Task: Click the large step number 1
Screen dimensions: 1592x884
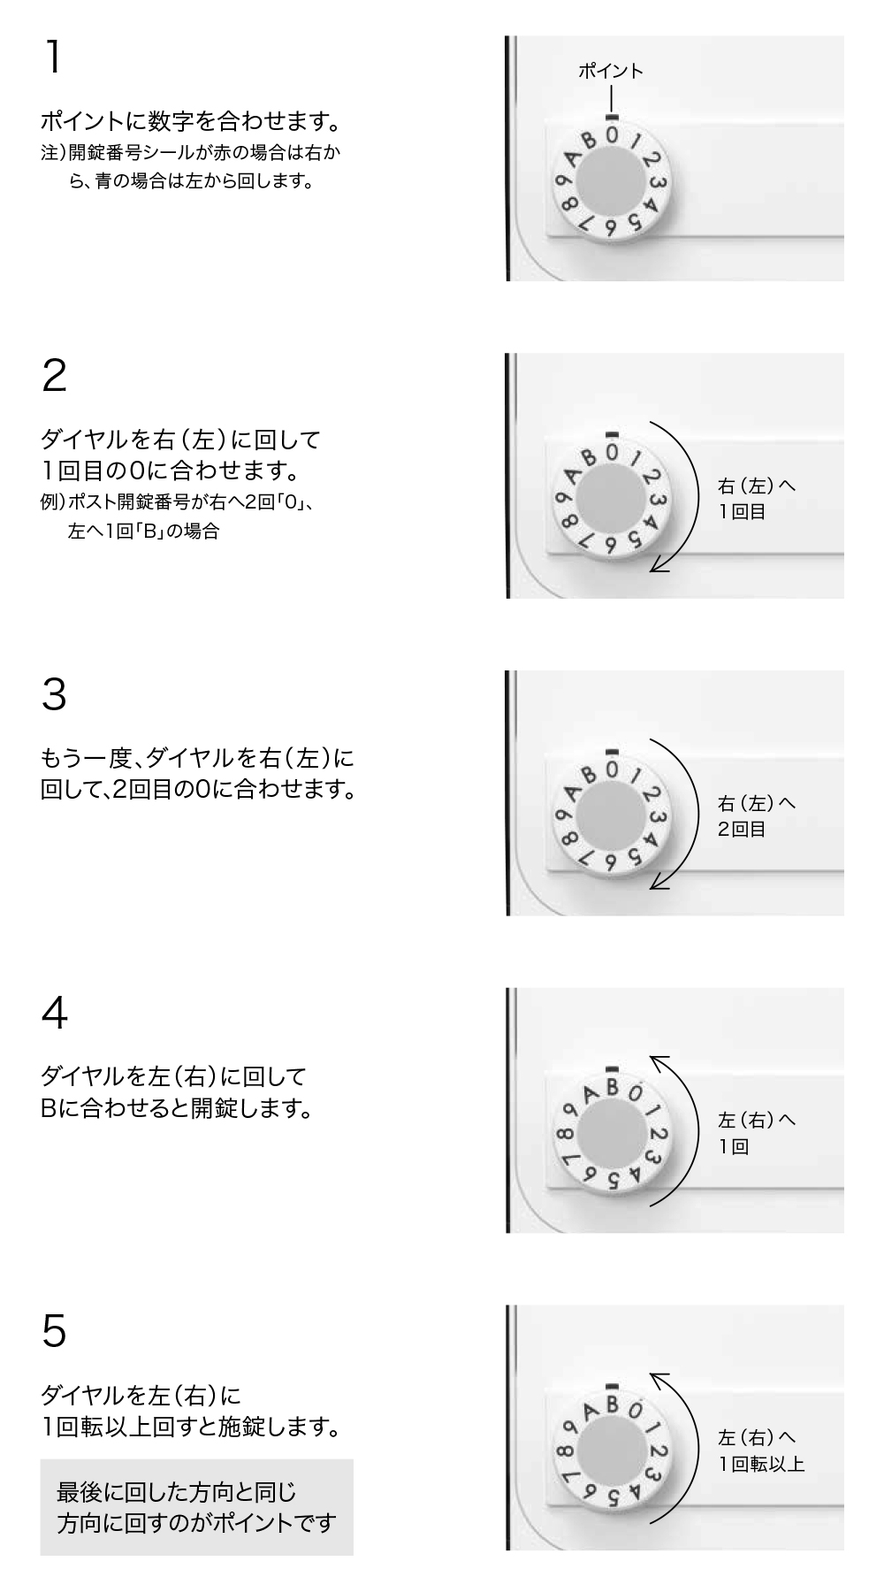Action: click(x=53, y=57)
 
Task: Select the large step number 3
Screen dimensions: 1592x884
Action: click(x=54, y=694)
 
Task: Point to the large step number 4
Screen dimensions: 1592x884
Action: click(x=54, y=1013)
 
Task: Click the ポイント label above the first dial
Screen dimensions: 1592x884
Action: click(x=610, y=72)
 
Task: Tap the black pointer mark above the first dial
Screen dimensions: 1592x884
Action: click(x=612, y=115)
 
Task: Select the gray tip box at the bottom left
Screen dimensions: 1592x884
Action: click(x=196, y=1507)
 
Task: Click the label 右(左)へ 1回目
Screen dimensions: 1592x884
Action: click(x=756, y=498)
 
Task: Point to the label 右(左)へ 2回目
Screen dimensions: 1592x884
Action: click(x=756, y=815)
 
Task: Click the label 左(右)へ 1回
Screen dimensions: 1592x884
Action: click(x=756, y=1133)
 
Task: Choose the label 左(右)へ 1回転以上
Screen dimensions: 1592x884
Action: click(x=760, y=1450)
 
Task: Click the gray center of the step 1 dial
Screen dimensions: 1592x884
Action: click(x=612, y=185)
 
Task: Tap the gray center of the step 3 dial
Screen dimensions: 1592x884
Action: click(x=612, y=820)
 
